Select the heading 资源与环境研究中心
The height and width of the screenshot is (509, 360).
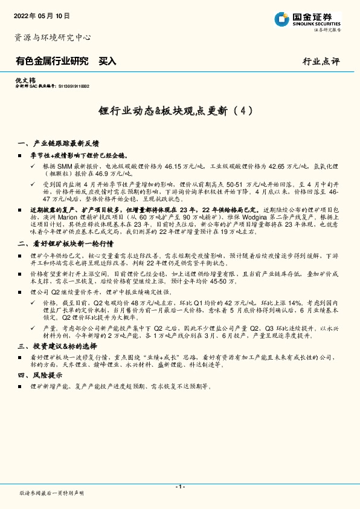[x=53, y=37]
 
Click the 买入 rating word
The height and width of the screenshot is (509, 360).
[x=107, y=61]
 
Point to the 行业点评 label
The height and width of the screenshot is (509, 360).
[x=321, y=62]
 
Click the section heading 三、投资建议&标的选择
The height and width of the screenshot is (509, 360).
[x=58, y=346]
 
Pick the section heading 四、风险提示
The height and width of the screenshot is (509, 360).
[x=40, y=375]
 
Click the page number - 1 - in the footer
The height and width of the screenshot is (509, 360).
[x=180, y=487]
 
